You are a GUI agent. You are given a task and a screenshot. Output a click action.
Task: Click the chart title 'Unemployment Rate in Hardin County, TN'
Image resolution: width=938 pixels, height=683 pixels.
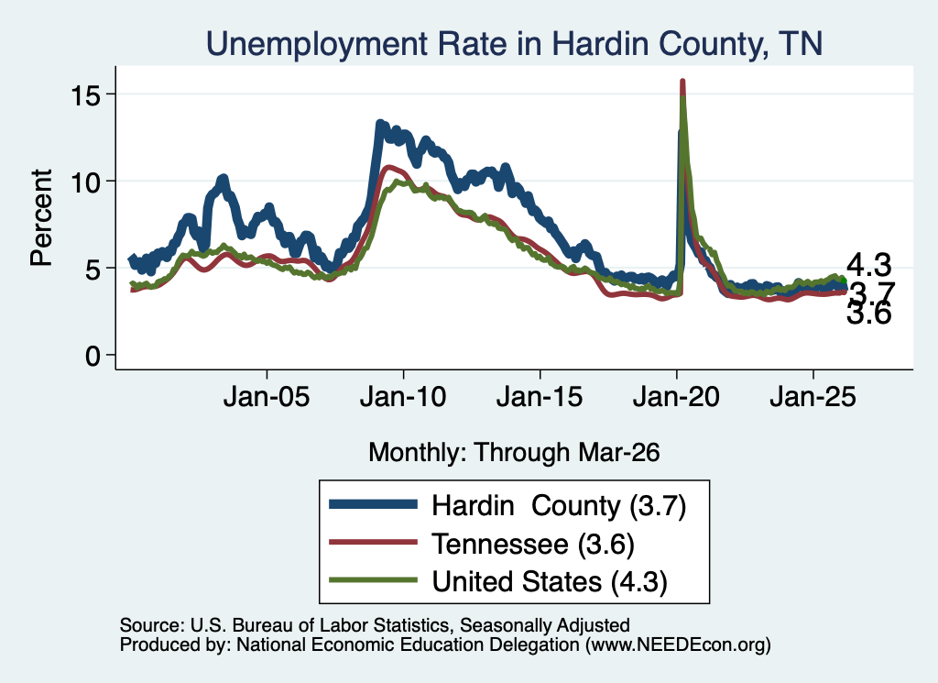click(515, 44)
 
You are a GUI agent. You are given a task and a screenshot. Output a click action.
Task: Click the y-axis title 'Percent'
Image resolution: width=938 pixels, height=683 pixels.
click(41, 217)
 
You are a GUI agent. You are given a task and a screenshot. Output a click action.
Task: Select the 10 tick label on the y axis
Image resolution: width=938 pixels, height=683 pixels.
click(85, 182)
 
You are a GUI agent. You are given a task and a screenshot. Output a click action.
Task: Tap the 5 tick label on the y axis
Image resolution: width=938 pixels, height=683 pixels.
click(93, 269)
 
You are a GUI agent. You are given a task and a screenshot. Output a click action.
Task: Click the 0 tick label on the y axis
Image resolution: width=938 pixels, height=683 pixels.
click(93, 356)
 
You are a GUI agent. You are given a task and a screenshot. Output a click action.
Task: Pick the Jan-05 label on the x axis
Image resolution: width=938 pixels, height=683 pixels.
click(267, 396)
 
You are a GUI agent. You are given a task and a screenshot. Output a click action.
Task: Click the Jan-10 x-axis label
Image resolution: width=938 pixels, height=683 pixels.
click(403, 396)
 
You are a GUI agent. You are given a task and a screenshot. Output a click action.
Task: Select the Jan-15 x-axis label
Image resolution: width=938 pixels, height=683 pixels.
click(540, 396)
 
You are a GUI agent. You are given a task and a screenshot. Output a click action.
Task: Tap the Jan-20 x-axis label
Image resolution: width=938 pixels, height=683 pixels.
click(676, 396)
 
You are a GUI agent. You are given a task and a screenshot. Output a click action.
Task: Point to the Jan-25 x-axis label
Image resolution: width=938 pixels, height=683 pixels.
click(813, 396)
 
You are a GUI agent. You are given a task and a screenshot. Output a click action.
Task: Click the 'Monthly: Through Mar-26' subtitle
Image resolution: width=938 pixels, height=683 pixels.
click(514, 452)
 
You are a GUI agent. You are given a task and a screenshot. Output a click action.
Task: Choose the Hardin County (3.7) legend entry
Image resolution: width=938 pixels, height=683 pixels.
click(507, 505)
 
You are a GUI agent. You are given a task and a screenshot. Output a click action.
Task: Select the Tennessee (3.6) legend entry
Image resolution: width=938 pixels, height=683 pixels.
click(482, 544)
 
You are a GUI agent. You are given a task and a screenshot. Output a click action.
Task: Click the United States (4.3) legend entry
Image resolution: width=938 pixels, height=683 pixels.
click(498, 581)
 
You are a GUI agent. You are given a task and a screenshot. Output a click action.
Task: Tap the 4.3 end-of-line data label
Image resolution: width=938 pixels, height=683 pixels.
click(868, 265)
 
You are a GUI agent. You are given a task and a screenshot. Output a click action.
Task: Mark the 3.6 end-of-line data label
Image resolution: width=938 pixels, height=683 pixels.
click(868, 313)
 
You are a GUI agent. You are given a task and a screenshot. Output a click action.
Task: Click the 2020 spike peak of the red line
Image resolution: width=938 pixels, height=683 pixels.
click(682, 82)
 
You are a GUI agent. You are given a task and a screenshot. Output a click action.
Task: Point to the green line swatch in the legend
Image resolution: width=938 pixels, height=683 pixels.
click(373, 580)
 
